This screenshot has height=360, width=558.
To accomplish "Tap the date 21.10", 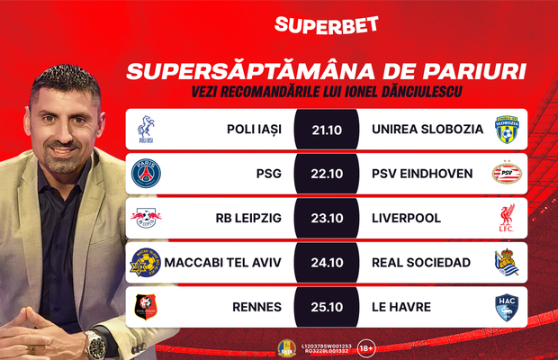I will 323,129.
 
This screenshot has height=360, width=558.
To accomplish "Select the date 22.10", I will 323,173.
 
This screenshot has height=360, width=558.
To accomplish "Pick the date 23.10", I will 323,218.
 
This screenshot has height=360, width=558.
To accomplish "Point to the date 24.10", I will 323,263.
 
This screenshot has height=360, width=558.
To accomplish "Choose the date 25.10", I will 323,308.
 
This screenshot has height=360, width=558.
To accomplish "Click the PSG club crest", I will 146,173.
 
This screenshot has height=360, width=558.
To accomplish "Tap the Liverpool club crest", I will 508,218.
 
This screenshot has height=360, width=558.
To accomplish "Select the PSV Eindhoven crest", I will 508,173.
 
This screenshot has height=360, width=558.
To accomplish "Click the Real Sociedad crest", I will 508,263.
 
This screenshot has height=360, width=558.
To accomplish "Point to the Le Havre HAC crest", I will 508,308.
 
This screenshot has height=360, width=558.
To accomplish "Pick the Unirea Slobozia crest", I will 508,130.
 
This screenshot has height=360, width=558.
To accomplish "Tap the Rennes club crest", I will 146,308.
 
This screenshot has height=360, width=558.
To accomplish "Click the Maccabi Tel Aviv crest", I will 146,263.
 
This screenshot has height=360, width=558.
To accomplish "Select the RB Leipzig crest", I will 146,218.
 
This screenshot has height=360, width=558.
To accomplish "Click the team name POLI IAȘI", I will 255,129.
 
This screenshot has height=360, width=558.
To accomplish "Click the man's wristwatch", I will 92,342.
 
